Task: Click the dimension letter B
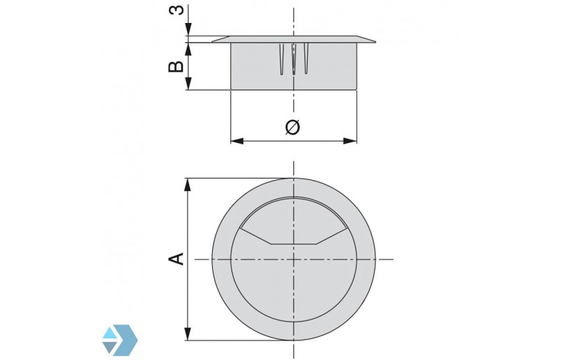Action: pyautogui.click(x=177, y=66)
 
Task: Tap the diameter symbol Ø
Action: pyautogui.click(x=293, y=127)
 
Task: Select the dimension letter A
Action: pyautogui.click(x=177, y=259)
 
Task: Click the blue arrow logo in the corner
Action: pyautogui.click(x=119, y=340)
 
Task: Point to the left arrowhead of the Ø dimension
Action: pyautogui.click(x=236, y=141)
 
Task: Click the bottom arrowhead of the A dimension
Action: pyautogui.click(x=188, y=335)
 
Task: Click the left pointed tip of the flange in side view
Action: pyautogui.click(x=212, y=42)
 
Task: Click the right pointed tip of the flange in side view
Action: pyautogui.click(x=375, y=42)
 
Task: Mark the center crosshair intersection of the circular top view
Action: pyautogui.click(x=294, y=259)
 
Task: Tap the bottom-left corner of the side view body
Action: pyautogui.click(x=231, y=89)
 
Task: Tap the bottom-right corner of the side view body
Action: pyautogui.click(x=357, y=89)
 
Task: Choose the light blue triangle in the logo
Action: pyautogui.click(x=110, y=333)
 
